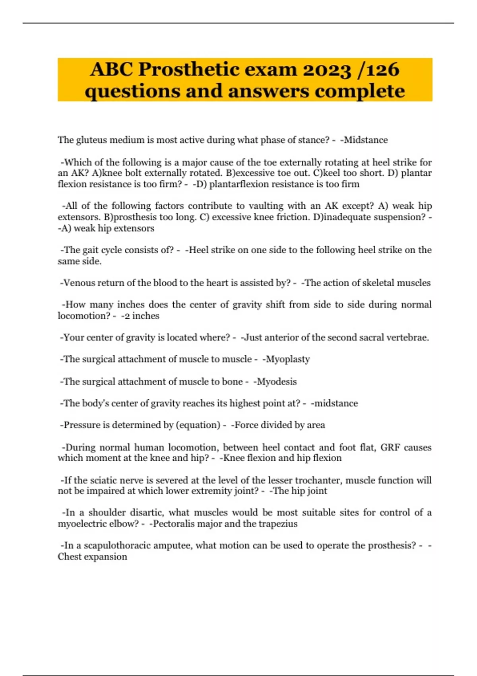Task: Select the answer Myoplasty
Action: pyautogui.click(x=287, y=359)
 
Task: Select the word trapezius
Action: pyautogui.click(x=279, y=524)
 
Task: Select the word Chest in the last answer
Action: pyautogui.click(x=70, y=557)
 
